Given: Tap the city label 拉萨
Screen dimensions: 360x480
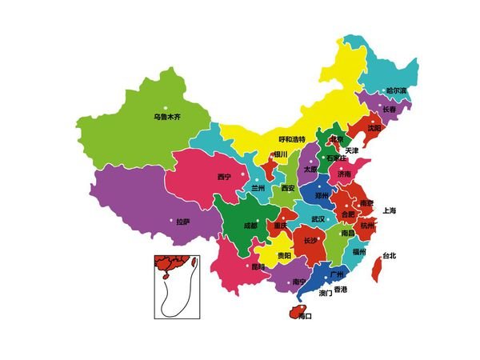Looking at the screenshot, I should [x=183, y=222].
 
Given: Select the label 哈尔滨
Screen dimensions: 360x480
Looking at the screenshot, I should [x=396, y=90].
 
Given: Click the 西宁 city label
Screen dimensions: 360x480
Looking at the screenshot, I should [x=224, y=176].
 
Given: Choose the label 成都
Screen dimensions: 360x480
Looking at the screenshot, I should [x=250, y=226].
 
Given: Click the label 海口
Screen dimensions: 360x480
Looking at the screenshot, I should [x=304, y=316].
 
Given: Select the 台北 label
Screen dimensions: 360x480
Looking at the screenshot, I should [x=389, y=256].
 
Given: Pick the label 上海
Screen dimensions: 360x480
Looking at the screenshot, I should [x=390, y=210].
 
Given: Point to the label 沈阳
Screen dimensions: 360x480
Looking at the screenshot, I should [x=374, y=127].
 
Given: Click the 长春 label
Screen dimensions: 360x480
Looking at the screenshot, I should [x=390, y=109].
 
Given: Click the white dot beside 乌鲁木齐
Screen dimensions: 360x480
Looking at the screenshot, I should [x=167, y=107].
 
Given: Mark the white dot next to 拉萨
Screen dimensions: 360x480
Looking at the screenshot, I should [x=170, y=221].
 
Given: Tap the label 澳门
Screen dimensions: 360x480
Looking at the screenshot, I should [x=326, y=293].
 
